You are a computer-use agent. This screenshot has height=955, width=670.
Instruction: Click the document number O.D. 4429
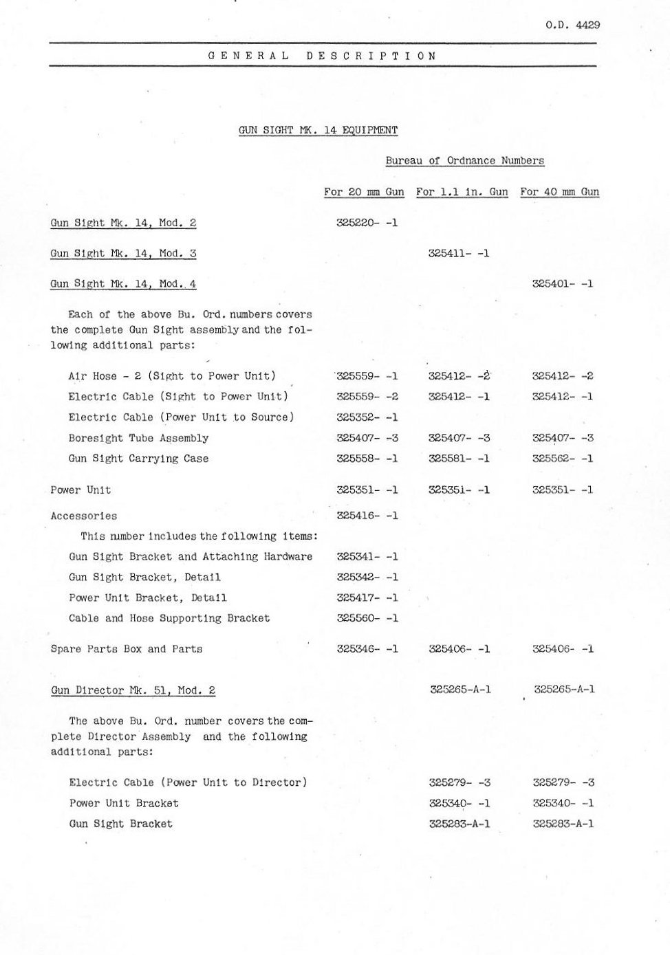572,25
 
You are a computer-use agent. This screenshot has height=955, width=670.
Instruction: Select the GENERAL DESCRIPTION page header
322,56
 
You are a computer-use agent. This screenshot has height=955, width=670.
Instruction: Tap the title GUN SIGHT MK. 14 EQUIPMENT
318,130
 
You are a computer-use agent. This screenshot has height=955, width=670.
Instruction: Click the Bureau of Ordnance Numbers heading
464,161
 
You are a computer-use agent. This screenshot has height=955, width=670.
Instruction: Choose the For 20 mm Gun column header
364,192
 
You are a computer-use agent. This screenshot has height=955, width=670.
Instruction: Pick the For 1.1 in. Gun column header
462,192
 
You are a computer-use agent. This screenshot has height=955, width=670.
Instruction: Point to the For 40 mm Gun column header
559,192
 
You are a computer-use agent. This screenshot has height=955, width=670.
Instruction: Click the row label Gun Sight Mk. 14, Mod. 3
123,253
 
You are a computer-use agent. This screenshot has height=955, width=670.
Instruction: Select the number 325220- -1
367,223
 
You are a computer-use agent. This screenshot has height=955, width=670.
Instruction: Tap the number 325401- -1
562,283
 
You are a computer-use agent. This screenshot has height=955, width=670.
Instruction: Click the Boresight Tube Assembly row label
138,438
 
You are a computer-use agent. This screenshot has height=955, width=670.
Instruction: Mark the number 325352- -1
367,417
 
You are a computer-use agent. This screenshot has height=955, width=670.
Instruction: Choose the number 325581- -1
459,459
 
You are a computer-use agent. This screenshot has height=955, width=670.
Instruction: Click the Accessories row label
84,516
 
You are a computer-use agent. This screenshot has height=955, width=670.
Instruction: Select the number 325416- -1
367,516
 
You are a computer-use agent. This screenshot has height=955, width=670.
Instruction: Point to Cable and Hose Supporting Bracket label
169,618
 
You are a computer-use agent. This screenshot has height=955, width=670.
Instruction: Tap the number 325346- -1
367,648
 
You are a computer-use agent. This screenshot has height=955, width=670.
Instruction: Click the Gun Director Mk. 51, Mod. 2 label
133,690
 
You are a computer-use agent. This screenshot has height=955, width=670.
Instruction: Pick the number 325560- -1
367,618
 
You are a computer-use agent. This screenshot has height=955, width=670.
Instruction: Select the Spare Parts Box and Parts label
127,649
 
